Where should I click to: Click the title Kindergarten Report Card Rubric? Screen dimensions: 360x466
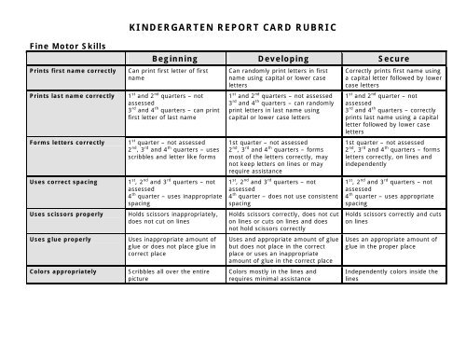(232, 18)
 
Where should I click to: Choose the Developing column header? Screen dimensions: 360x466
(284, 57)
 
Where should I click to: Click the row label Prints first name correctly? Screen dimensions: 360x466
(62, 71)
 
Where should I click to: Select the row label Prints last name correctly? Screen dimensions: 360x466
(61, 95)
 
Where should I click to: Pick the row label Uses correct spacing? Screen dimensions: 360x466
(54, 179)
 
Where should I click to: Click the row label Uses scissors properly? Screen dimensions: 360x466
(56, 213)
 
